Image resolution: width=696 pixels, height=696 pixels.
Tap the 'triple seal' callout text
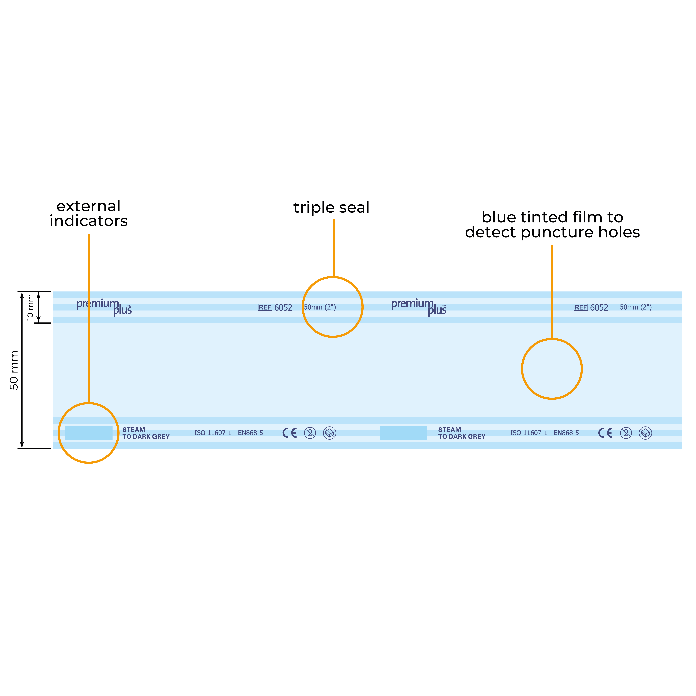tap(331, 208)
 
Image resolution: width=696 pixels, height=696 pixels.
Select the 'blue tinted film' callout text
tap(552, 225)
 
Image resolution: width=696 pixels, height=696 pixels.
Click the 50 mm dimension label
tap(14, 370)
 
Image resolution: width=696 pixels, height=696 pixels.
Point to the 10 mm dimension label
tap(30, 307)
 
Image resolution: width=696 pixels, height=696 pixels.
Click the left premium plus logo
tap(104, 307)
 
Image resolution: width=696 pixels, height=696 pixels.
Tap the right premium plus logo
tap(419, 307)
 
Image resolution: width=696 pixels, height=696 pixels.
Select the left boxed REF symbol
tap(265, 307)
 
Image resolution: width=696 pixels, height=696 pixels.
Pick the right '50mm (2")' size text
tap(636, 307)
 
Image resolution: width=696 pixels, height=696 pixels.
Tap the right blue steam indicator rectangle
tap(404, 433)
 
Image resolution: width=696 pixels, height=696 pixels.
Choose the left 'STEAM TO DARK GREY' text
tap(146, 433)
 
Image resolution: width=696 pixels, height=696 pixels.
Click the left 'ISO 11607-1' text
tap(213, 433)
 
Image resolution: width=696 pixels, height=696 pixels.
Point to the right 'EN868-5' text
tap(566, 433)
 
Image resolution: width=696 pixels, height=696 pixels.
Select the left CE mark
tap(290, 433)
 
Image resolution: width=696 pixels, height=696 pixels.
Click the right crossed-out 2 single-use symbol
tap(626, 433)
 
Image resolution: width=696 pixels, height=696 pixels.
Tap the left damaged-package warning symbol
tap(330, 433)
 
